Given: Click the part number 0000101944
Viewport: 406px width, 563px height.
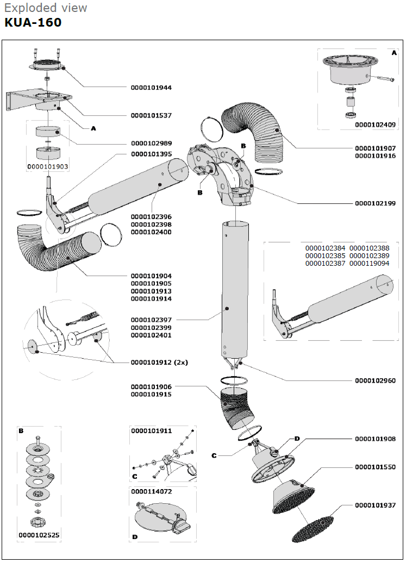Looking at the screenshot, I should pyautogui.click(x=151, y=87).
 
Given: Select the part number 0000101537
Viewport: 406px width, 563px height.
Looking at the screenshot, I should pyautogui.click(x=151, y=116).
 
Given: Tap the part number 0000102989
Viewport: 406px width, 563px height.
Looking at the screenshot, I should pyautogui.click(x=151, y=144).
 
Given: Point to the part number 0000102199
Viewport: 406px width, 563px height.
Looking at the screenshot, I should pyautogui.click(x=375, y=204).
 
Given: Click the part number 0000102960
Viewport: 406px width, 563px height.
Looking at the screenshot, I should pyautogui.click(x=375, y=380).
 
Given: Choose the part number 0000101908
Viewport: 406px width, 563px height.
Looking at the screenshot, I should pyautogui.click(x=375, y=439).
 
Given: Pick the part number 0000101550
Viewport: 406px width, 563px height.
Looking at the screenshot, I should pyautogui.click(x=375, y=467).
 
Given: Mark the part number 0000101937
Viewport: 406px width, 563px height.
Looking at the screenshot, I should pyautogui.click(x=375, y=505).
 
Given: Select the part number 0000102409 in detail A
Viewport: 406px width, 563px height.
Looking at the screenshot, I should pyautogui.click(x=375, y=124).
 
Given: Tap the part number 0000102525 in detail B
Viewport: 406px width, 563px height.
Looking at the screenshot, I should pyautogui.click(x=39, y=535).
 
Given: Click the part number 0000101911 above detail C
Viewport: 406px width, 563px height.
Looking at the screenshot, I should pyautogui.click(x=151, y=430).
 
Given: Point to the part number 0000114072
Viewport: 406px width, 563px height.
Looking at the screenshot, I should pyautogui.click(x=151, y=491).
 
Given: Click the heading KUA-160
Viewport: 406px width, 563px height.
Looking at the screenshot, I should pyautogui.click(x=33, y=23).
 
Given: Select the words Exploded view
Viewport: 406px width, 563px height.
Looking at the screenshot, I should pyautogui.click(x=45, y=8).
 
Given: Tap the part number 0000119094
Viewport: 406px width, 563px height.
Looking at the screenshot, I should pyautogui.click(x=369, y=264).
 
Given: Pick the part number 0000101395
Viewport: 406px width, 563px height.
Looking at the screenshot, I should pyautogui.click(x=151, y=154).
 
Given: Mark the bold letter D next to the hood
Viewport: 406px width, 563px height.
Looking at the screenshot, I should pyautogui.click(x=297, y=439).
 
